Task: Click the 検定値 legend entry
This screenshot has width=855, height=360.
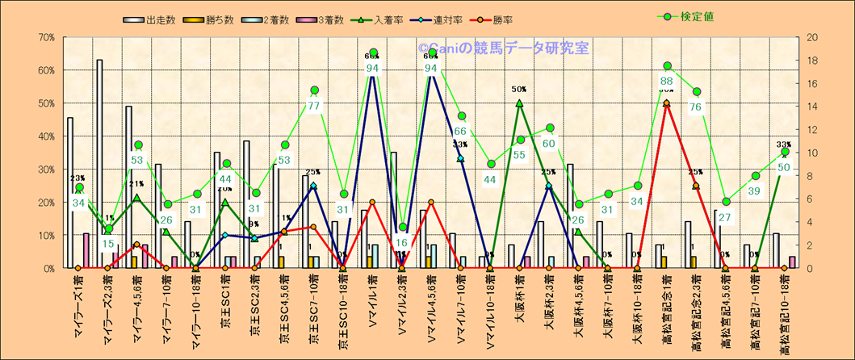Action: pos(694,16)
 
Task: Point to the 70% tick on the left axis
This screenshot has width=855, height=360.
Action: pos(46,37)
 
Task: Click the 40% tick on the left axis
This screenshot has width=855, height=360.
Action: pos(46,136)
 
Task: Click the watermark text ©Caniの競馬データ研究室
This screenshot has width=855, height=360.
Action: pos(503,48)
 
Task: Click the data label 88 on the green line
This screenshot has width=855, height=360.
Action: pos(667,81)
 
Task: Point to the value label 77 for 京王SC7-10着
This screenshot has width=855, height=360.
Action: pos(314,106)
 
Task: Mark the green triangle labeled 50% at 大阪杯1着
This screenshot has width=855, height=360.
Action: pos(519,103)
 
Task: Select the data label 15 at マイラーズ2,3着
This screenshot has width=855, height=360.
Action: pos(108,244)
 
